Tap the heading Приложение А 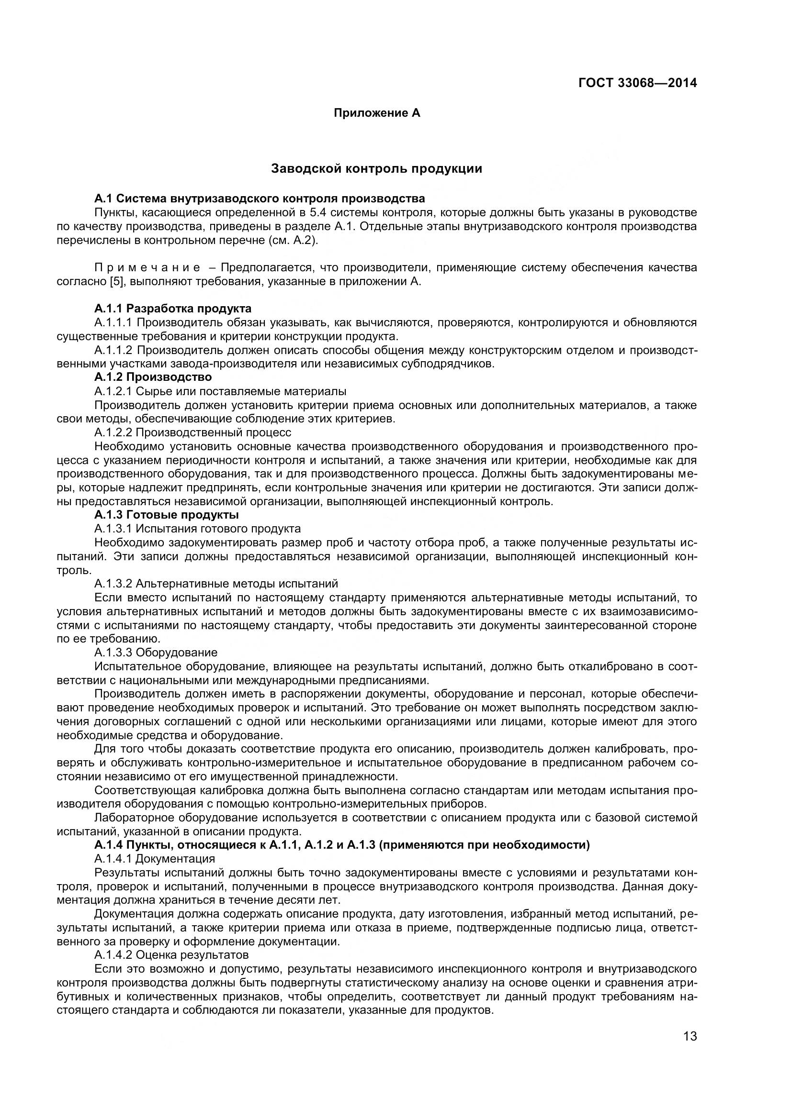376,113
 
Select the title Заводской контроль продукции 376,168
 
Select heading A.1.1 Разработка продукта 173,309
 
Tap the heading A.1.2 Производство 153,377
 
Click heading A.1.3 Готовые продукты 166,515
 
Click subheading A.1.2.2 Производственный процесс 192,432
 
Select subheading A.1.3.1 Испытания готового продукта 197,529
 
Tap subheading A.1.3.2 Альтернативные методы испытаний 216,583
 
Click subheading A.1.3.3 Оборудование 156,652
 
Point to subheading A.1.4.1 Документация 155,858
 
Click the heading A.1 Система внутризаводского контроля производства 260,199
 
